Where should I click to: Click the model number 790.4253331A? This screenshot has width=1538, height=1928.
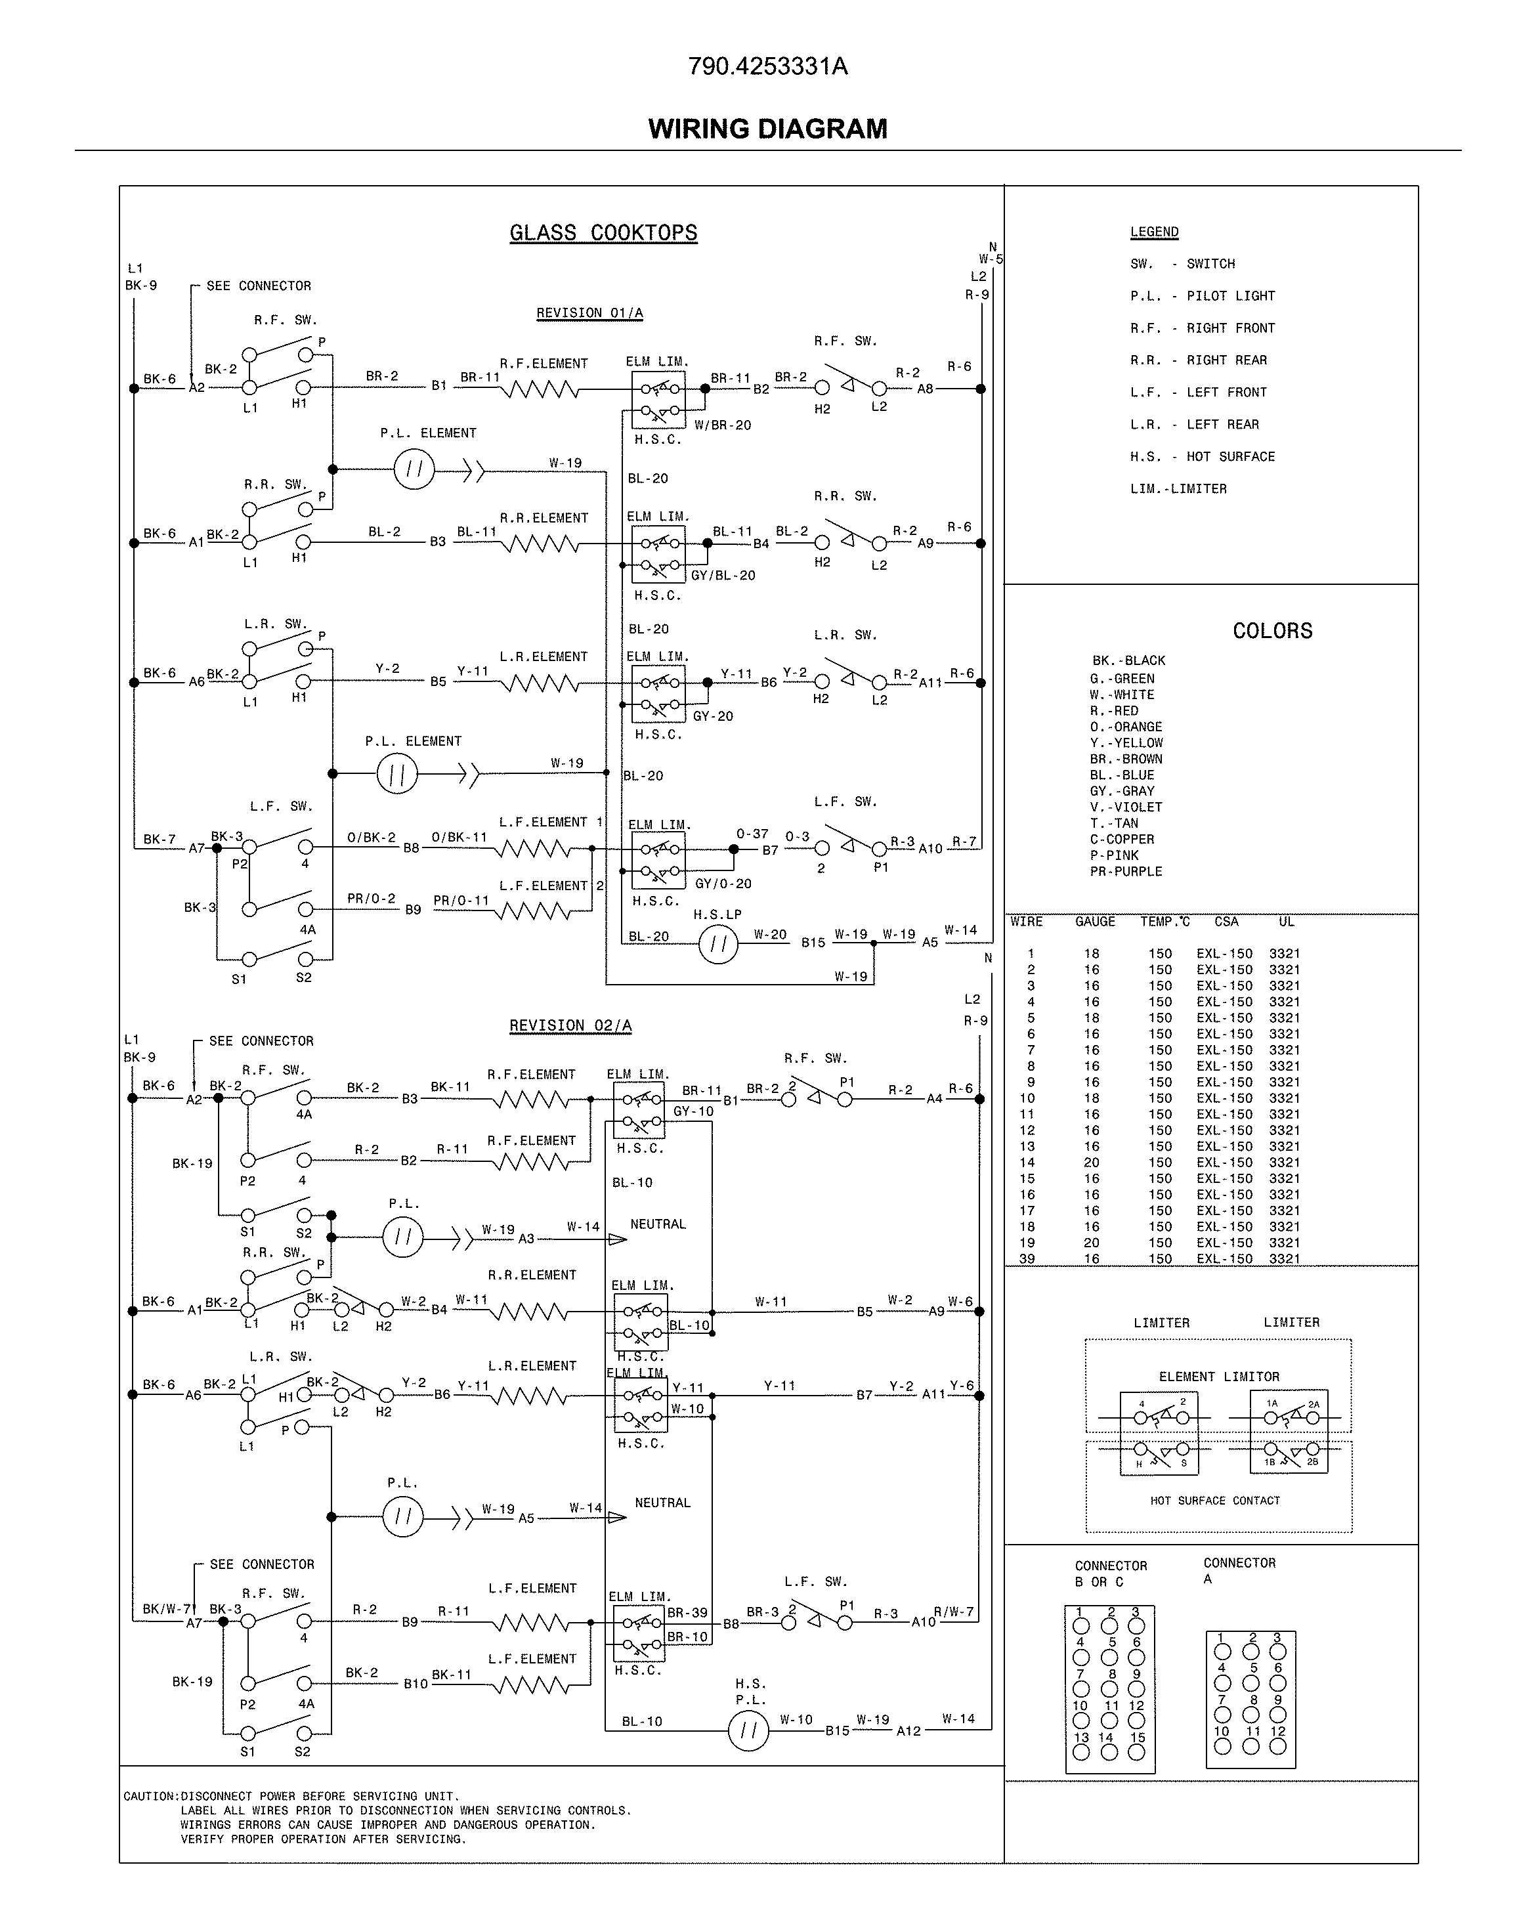pos(767,67)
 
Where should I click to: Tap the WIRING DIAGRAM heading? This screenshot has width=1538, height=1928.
pos(767,129)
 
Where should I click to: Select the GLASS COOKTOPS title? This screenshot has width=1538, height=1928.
pos(603,234)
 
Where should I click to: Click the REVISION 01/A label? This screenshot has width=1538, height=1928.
pos(589,313)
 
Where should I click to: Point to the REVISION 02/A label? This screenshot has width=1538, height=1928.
pos(570,1025)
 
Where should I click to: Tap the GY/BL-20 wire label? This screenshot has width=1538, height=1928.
pos(723,576)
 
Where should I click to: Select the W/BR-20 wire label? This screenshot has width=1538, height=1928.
pos(721,425)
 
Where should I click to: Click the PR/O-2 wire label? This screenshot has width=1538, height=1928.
pos(370,899)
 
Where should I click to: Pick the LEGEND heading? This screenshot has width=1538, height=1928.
pos(1153,232)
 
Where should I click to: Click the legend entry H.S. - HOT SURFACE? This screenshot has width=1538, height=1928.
pos(1202,457)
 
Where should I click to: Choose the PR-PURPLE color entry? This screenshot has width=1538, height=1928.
pos(1126,872)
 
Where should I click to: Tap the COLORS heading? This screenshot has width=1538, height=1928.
pos(1271,632)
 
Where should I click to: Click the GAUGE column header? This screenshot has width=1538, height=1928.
pos(1094,922)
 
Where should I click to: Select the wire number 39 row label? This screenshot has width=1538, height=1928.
pos(1027,1259)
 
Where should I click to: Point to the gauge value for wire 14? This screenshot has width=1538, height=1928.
pos(1092,1163)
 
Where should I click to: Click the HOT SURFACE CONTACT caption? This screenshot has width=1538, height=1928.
pos(1214,1501)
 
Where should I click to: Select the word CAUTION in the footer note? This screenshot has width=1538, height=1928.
pos(150,1797)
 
